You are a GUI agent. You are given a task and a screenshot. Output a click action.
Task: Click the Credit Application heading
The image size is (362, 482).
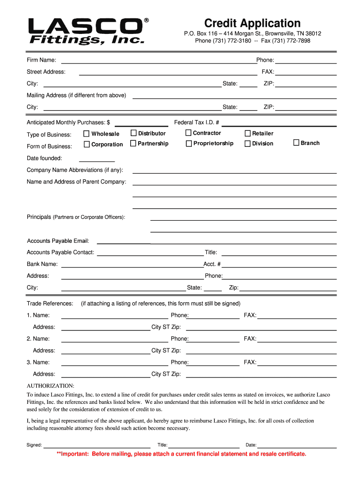click(x=252, y=23)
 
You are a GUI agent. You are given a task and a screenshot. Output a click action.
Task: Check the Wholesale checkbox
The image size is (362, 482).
click(x=87, y=134)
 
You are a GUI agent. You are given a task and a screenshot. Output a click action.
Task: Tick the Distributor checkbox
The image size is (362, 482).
click(x=134, y=133)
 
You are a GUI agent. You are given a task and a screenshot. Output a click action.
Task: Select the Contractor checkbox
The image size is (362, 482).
click(x=189, y=133)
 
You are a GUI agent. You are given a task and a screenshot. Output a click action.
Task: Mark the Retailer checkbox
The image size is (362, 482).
click(x=248, y=134)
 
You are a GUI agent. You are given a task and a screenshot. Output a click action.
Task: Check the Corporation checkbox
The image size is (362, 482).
click(x=87, y=144)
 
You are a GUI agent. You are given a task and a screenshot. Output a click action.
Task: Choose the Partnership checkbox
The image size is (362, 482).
click(x=134, y=143)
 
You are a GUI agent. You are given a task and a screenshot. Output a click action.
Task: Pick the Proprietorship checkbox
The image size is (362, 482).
click(x=189, y=144)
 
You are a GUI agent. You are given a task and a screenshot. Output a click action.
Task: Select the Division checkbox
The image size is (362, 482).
click(x=248, y=144)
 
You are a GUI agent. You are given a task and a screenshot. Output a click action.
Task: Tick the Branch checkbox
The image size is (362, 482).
click(x=296, y=143)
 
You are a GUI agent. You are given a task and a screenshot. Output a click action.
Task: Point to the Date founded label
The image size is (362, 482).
click(x=44, y=158)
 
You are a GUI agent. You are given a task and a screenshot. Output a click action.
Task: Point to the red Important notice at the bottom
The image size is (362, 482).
click(x=181, y=454)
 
